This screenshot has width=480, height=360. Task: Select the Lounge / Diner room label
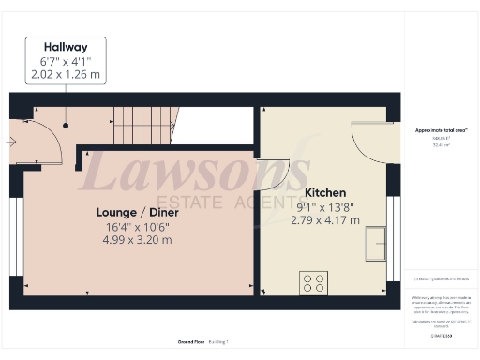(x=138, y=212)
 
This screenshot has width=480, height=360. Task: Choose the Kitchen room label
(x=325, y=192)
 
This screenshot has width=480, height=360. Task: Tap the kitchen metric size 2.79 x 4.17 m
(x=325, y=221)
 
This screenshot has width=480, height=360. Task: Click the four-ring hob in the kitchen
(x=312, y=281)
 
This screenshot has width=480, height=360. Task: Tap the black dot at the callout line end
(x=66, y=125)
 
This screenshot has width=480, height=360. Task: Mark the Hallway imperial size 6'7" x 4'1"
(x=66, y=62)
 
